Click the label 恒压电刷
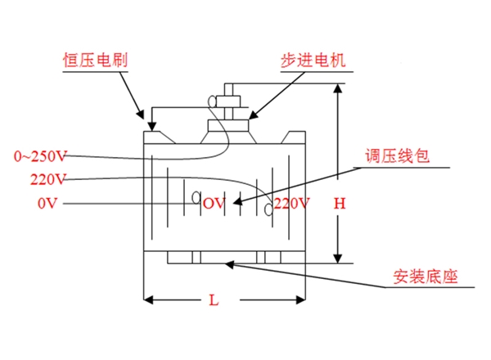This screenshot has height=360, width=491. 95,60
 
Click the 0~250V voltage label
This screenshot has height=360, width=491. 40,155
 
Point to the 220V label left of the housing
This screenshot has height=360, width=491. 47,178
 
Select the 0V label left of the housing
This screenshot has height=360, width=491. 47,203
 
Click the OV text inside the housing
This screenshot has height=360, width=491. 214,203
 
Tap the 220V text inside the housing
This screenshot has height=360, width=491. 292,203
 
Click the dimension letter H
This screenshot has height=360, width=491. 339,203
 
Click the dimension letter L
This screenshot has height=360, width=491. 214,300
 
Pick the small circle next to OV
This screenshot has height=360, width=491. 196,197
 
